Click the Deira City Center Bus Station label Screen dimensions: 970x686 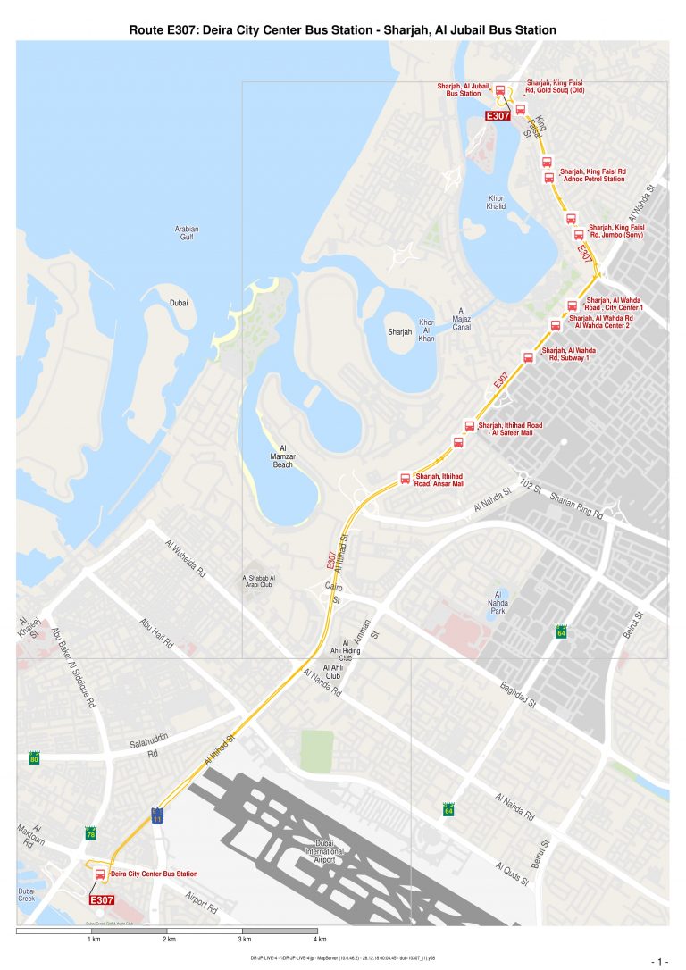pos(154,874)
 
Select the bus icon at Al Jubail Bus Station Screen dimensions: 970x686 pos(500,90)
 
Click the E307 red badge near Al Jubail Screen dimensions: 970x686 pos(498,115)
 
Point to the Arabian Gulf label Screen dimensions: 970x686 pos(186,233)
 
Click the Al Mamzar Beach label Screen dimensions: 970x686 pos(282,456)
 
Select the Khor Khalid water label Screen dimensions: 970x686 pos(497,202)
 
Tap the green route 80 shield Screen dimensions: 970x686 pos(34,759)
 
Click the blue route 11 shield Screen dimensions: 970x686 pos(157,816)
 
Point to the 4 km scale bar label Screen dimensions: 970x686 pos(319,940)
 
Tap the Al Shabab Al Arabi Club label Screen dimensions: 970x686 pos(259,582)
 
